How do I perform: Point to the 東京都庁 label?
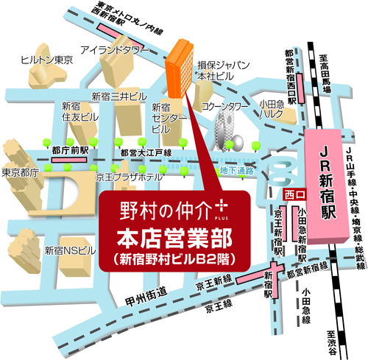point(20,174)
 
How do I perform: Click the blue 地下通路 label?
point(237,171)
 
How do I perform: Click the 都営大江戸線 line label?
point(145,152)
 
